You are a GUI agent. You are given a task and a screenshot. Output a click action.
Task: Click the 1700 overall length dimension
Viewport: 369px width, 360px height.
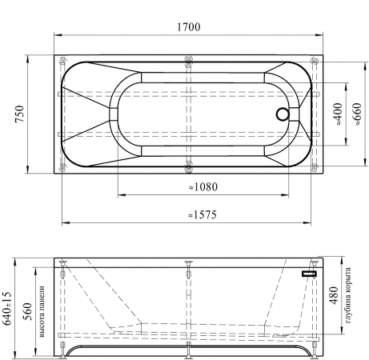click(188, 27)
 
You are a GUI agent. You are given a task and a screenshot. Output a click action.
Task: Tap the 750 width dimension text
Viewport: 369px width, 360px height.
click(19, 114)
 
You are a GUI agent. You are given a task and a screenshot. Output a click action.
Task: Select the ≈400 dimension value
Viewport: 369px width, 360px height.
click(338, 114)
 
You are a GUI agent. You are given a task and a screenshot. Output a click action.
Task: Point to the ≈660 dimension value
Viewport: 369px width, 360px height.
click(357, 114)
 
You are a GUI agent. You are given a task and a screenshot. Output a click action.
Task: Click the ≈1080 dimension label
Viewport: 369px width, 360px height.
click(203, 187)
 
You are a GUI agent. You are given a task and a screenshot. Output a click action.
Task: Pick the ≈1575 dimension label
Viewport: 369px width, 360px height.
click(203, 214)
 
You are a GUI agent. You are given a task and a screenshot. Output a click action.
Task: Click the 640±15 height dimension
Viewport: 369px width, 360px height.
click(7, 308)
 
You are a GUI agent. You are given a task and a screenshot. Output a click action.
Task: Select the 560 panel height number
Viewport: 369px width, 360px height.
click(27, 311)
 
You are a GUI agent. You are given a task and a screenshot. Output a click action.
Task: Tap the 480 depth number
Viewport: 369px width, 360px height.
click(334, 295)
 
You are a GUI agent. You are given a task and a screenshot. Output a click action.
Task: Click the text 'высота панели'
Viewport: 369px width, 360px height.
click(42, 311)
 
